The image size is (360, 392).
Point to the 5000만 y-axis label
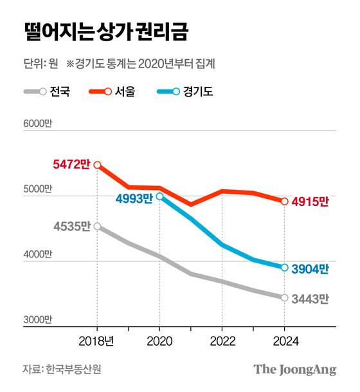tap(38, 189)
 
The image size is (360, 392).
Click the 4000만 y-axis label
tap(38, 254)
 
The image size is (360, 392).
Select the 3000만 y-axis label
tap(38, 319)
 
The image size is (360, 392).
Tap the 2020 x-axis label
tap(159, 341)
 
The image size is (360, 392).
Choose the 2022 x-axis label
tap(222, 341)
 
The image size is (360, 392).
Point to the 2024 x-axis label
tap(284, 341)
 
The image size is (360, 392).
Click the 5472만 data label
tap(71, 165)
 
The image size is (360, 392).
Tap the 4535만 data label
tap(72, 227)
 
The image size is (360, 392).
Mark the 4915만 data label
tap(310, 201)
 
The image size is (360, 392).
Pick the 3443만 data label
tap(310, 299)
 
